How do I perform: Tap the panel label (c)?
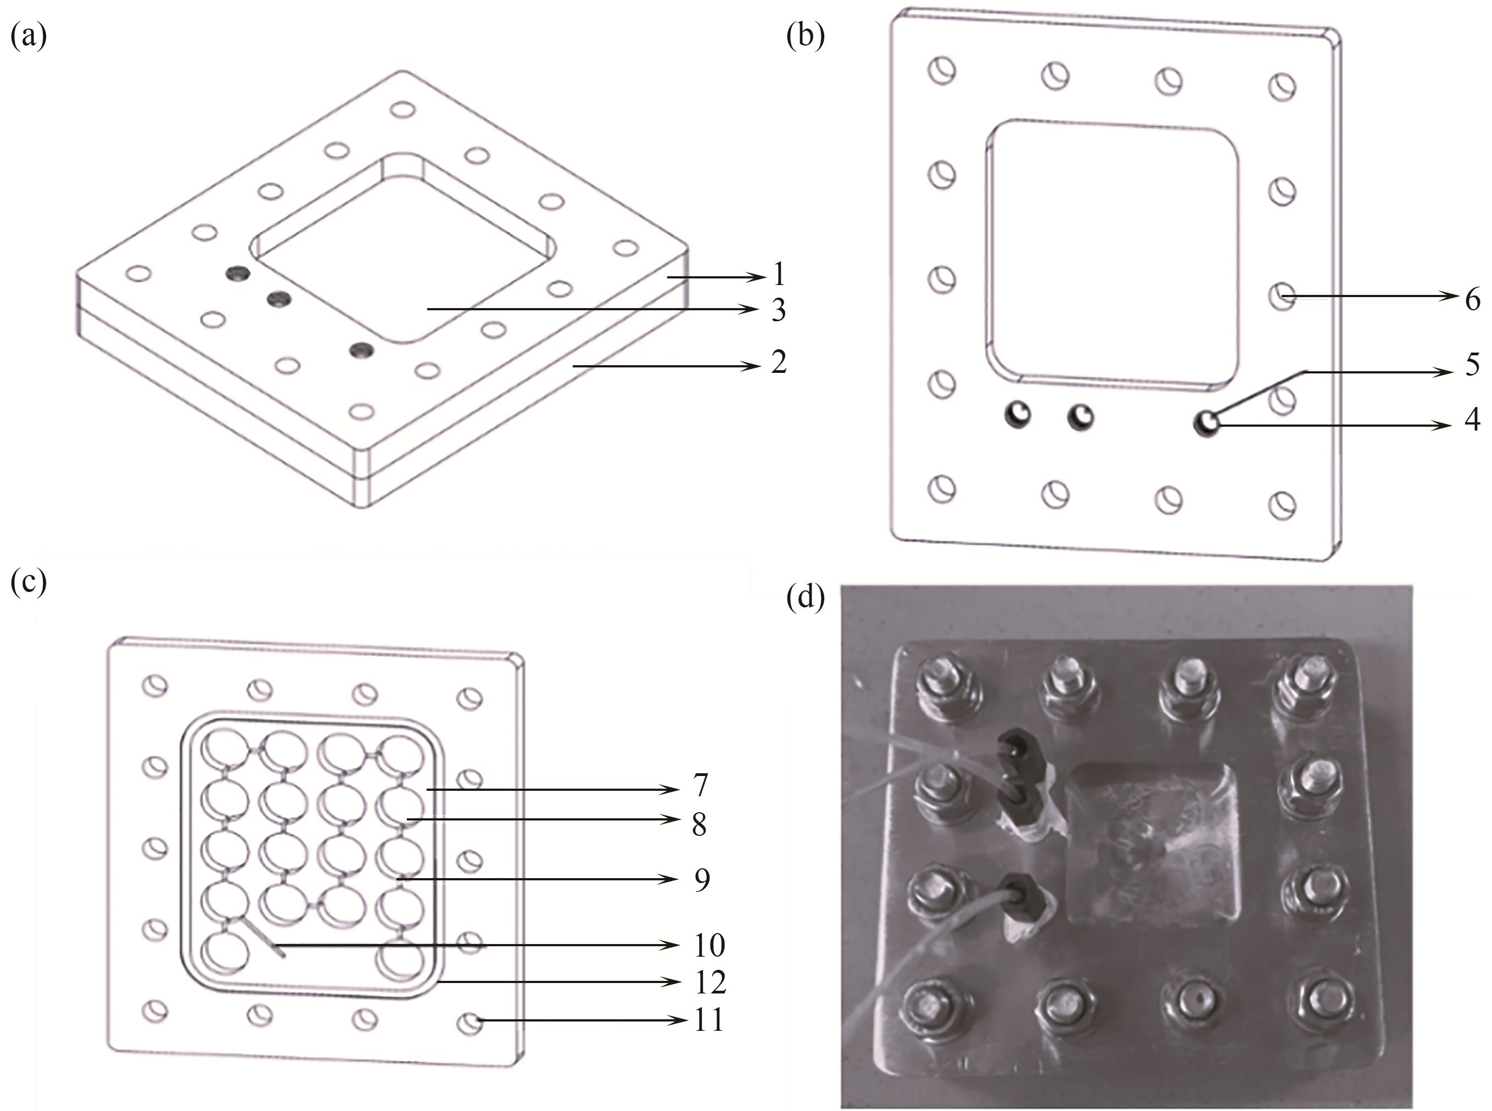29,582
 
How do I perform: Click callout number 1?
779,275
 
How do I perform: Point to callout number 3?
779,310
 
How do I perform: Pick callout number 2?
779,362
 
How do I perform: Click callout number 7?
701,785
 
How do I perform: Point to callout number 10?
709,945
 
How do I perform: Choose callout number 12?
710,982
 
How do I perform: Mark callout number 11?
709,1020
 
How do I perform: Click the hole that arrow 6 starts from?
1282,296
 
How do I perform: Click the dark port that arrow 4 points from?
1207,423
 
